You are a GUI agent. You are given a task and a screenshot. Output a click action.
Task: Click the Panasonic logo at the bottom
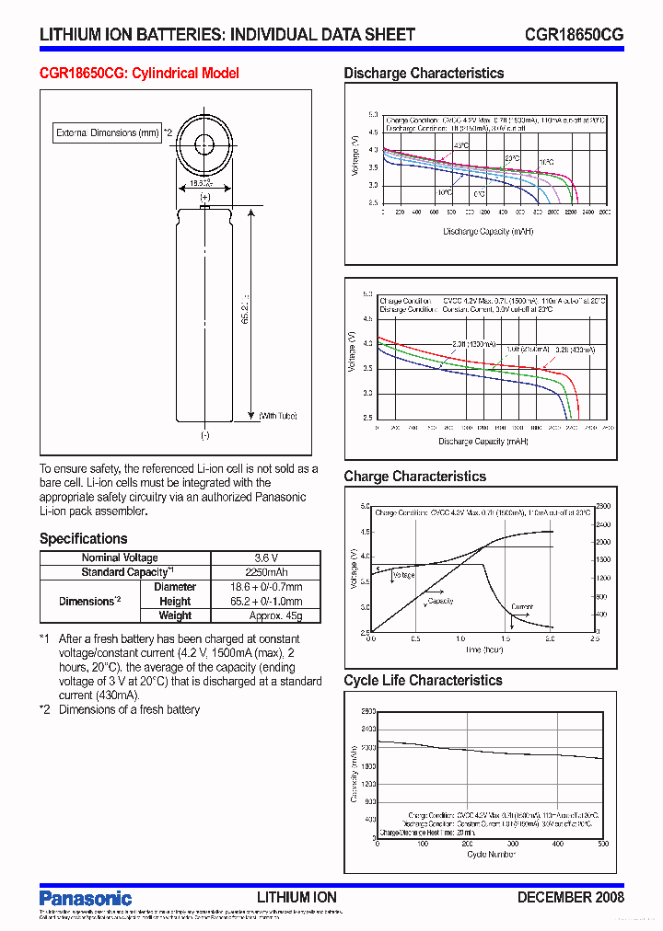coord(86,898)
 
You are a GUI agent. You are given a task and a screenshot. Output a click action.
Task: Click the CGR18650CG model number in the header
coord(574,34)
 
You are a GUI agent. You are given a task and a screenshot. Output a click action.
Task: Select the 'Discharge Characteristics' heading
coord(424,74)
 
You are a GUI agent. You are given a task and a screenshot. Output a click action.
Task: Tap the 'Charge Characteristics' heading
coord(414,477)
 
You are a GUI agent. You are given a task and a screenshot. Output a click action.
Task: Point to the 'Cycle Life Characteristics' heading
coord(423,681)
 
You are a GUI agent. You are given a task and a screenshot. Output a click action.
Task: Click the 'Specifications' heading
coord(83,539)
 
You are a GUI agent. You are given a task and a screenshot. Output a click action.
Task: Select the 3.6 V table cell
coord(265,557)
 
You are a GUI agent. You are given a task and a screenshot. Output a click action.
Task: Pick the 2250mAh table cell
coord(265,572)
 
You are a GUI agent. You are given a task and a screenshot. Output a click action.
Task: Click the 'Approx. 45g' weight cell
coord(265,615)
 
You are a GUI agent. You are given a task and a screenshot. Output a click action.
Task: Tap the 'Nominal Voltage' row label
coord(120,557)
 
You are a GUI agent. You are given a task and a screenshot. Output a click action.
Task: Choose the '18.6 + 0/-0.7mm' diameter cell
coord(265,587)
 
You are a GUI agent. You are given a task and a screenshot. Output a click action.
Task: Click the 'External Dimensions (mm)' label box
coord(108,133)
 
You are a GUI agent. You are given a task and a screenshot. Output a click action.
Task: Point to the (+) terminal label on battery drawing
coord(204,197)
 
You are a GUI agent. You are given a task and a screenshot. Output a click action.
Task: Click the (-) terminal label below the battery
coord(204,435)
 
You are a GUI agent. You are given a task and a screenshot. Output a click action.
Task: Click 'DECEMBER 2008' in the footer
coord(570,897)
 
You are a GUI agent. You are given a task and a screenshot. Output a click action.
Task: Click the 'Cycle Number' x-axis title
coord(490,855)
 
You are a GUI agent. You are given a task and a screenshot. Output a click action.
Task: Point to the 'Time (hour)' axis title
coord(484,649)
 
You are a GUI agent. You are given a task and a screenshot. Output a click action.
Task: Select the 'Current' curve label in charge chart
coord(522,607)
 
